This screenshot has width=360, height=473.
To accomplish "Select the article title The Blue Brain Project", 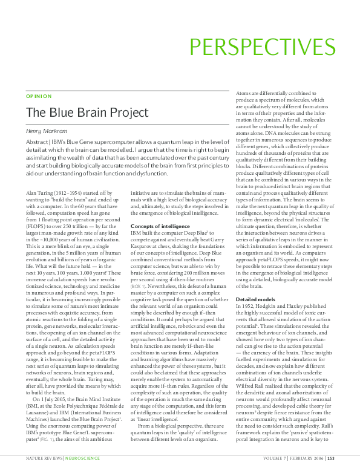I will (87, 113).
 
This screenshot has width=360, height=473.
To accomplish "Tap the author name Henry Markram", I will (47, 131).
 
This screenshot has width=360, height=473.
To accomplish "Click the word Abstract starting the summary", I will (38, 143).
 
